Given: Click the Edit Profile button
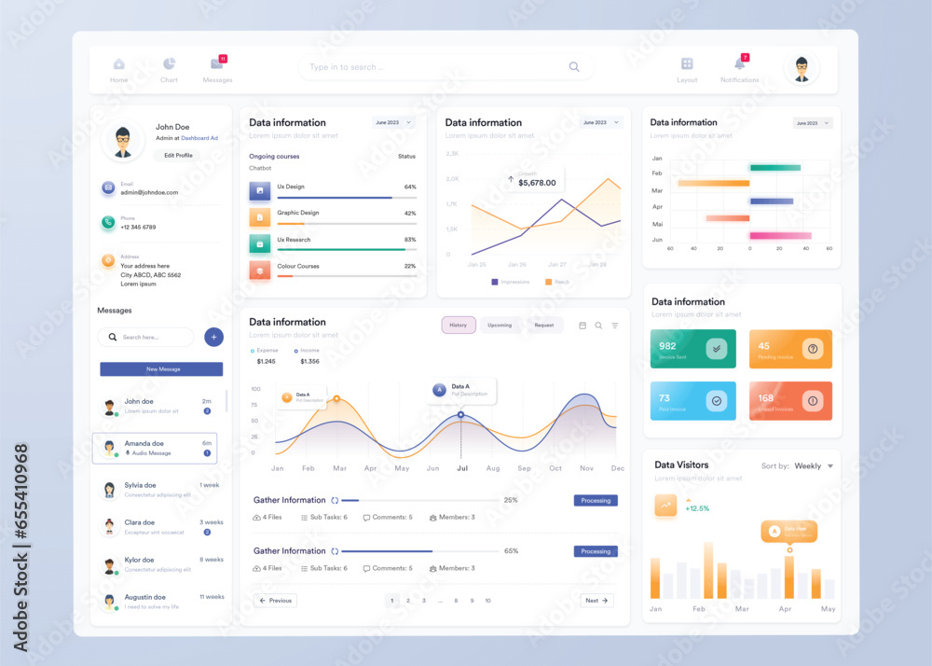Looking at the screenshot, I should pos(178,156).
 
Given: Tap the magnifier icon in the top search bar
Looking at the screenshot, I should pos(574,67).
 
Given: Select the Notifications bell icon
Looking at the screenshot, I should pos(739,63).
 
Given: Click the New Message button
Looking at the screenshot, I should pos(161,369).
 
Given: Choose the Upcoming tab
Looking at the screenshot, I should pos(500,326).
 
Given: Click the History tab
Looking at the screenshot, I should pos(459,326).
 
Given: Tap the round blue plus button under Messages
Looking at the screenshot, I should pos(213,337).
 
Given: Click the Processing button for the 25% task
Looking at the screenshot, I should pos(596,501).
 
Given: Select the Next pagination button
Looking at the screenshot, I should pos(596,601).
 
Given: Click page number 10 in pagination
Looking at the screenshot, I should pos(487,601).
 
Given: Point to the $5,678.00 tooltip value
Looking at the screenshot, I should pos(536,183).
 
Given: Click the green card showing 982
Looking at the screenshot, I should pos(692,349).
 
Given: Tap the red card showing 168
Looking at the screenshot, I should pos(790,401).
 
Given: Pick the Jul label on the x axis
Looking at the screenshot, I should pos(462,468).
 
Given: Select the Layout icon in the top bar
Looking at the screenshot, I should pos(687,63).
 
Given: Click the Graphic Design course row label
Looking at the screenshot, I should pos(297,213).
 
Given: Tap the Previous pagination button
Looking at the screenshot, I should pos(275,601).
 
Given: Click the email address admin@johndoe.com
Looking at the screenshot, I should pos(149,192).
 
